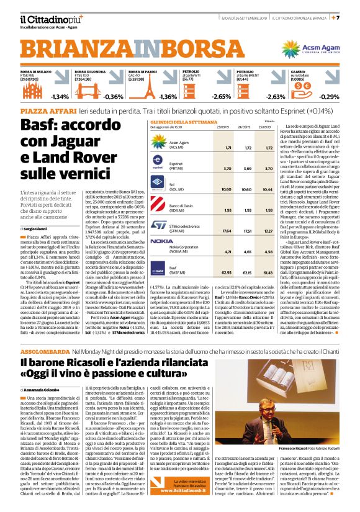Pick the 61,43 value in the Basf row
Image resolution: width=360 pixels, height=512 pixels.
pyautogui.click(x=269, y=272)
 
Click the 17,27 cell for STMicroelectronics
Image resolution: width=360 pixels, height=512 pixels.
pyautogui.click(x=269, y=231)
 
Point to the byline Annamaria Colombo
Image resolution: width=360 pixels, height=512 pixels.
pyautogui.click(x=45, y=388)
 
